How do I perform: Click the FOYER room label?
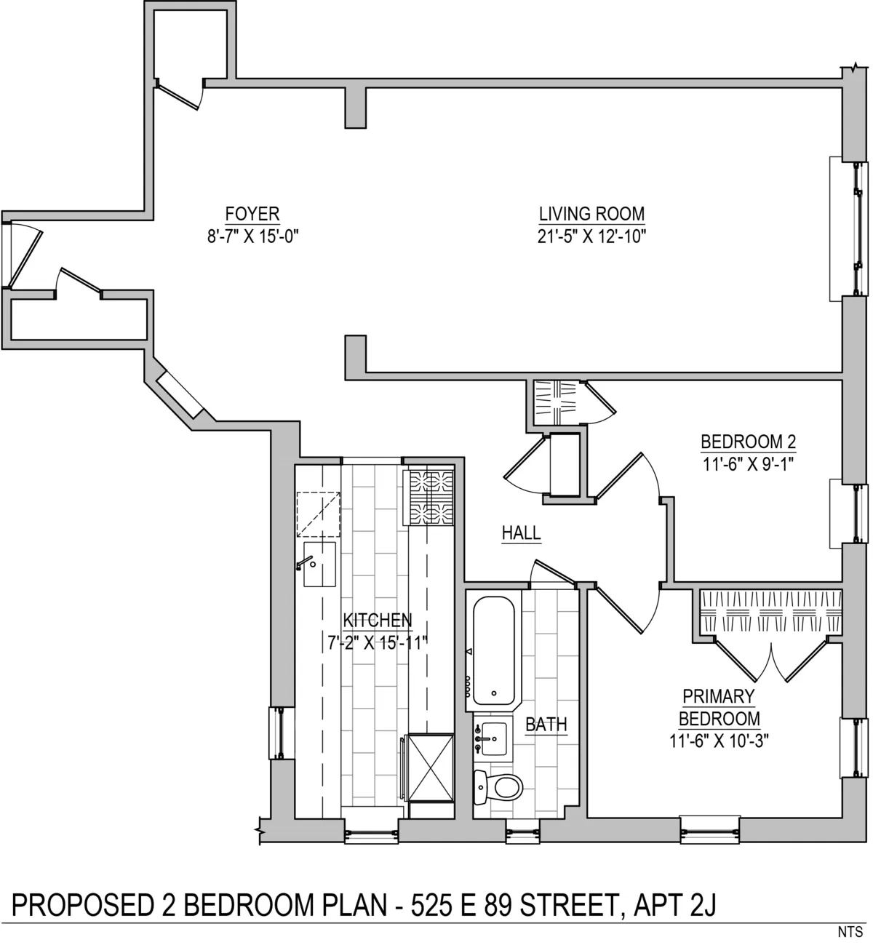[252, 213]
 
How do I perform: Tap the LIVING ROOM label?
[591, 214]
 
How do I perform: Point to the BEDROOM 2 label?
[748, 442]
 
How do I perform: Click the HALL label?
[521, 533]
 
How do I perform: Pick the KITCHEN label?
[377, 621]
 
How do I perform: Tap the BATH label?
[546, 725]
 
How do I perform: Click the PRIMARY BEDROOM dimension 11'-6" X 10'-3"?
[719, 741]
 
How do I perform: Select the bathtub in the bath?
[494, 650]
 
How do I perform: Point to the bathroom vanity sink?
[491, 737]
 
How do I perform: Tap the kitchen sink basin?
[319, 565]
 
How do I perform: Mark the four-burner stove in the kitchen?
[431, 498]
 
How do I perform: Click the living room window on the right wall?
[850, 227]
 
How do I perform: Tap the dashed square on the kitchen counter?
[318, 514]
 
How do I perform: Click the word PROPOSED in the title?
[80, 905]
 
